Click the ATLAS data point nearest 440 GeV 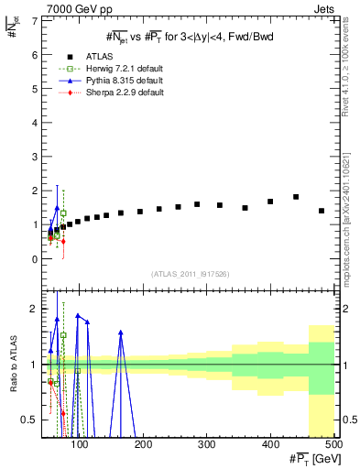tap(296, 197)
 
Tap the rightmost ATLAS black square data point tap(322, 211)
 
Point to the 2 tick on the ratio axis tap(34, 309)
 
